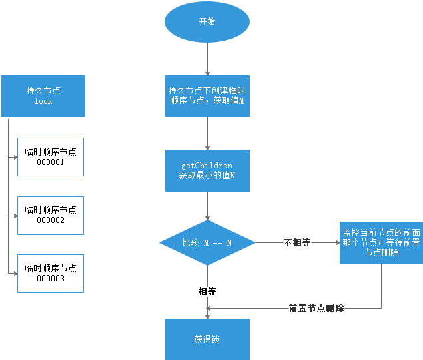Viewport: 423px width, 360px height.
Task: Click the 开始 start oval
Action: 207,21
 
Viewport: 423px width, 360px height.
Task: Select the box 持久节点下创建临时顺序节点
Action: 207,96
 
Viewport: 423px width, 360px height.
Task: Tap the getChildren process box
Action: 207,171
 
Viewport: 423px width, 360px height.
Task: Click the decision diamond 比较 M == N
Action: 207,243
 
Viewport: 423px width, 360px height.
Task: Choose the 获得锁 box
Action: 207,339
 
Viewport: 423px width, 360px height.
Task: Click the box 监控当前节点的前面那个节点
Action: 381,243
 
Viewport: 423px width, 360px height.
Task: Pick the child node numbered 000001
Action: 51,156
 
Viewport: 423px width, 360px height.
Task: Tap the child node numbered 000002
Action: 51,215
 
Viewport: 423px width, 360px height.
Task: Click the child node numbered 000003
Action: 51,273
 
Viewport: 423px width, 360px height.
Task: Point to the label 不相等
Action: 297,243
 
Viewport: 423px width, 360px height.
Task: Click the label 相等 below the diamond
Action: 207,291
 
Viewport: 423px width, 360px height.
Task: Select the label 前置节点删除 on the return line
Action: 316,309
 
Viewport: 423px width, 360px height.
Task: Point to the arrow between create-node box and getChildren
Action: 207,133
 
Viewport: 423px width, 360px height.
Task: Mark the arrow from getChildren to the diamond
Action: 207,206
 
